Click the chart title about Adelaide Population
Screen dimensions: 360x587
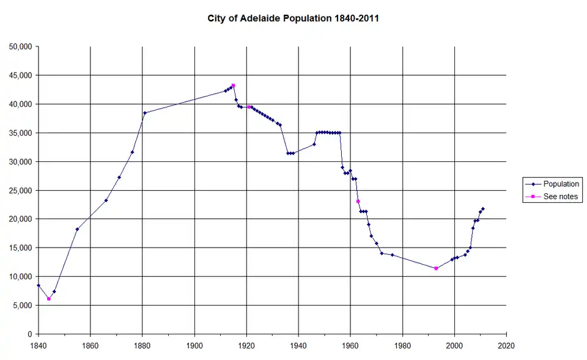click(x=293, y=19)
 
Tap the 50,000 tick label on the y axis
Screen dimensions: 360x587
click(x=21, y=46)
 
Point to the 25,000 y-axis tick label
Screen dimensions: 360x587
click(x=21, y=190)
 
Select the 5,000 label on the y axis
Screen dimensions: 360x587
click(x=23, y=306)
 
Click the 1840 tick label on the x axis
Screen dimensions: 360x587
click(x=38, y=345)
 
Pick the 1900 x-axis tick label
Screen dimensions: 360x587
click(x=194, y=345)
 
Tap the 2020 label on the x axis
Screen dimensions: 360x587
click(x=506, y=345)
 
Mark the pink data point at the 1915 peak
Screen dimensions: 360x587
click(x=234, y=86)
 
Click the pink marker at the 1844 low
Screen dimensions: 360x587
click(x=49, y=299)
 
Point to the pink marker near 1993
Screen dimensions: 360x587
click(x=436, y=268)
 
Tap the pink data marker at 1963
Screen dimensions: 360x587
click(x=358, y=201)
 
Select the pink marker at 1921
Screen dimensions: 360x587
click(x=249, y=107)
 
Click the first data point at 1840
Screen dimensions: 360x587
click(x=38, y=285)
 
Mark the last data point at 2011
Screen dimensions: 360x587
click(x=483, y=209)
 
